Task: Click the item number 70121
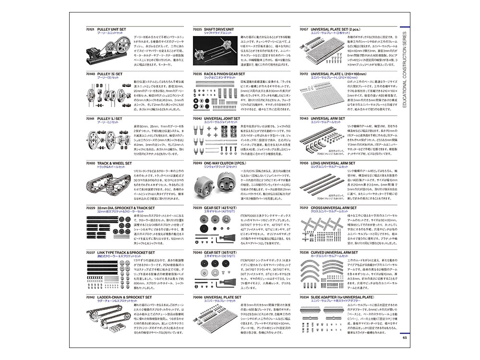(x=90, y=29)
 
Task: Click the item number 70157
(x=303, y=29)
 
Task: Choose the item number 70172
(x=303, y=74)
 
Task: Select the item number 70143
(x=303, y=118)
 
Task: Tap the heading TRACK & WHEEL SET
(x=114, y=163)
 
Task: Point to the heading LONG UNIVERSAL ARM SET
(x=336, y=163)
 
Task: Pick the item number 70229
(x=90, y=208)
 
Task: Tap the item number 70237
(x=90, y=252)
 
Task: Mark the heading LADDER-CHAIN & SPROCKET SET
(x=125, y=297)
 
